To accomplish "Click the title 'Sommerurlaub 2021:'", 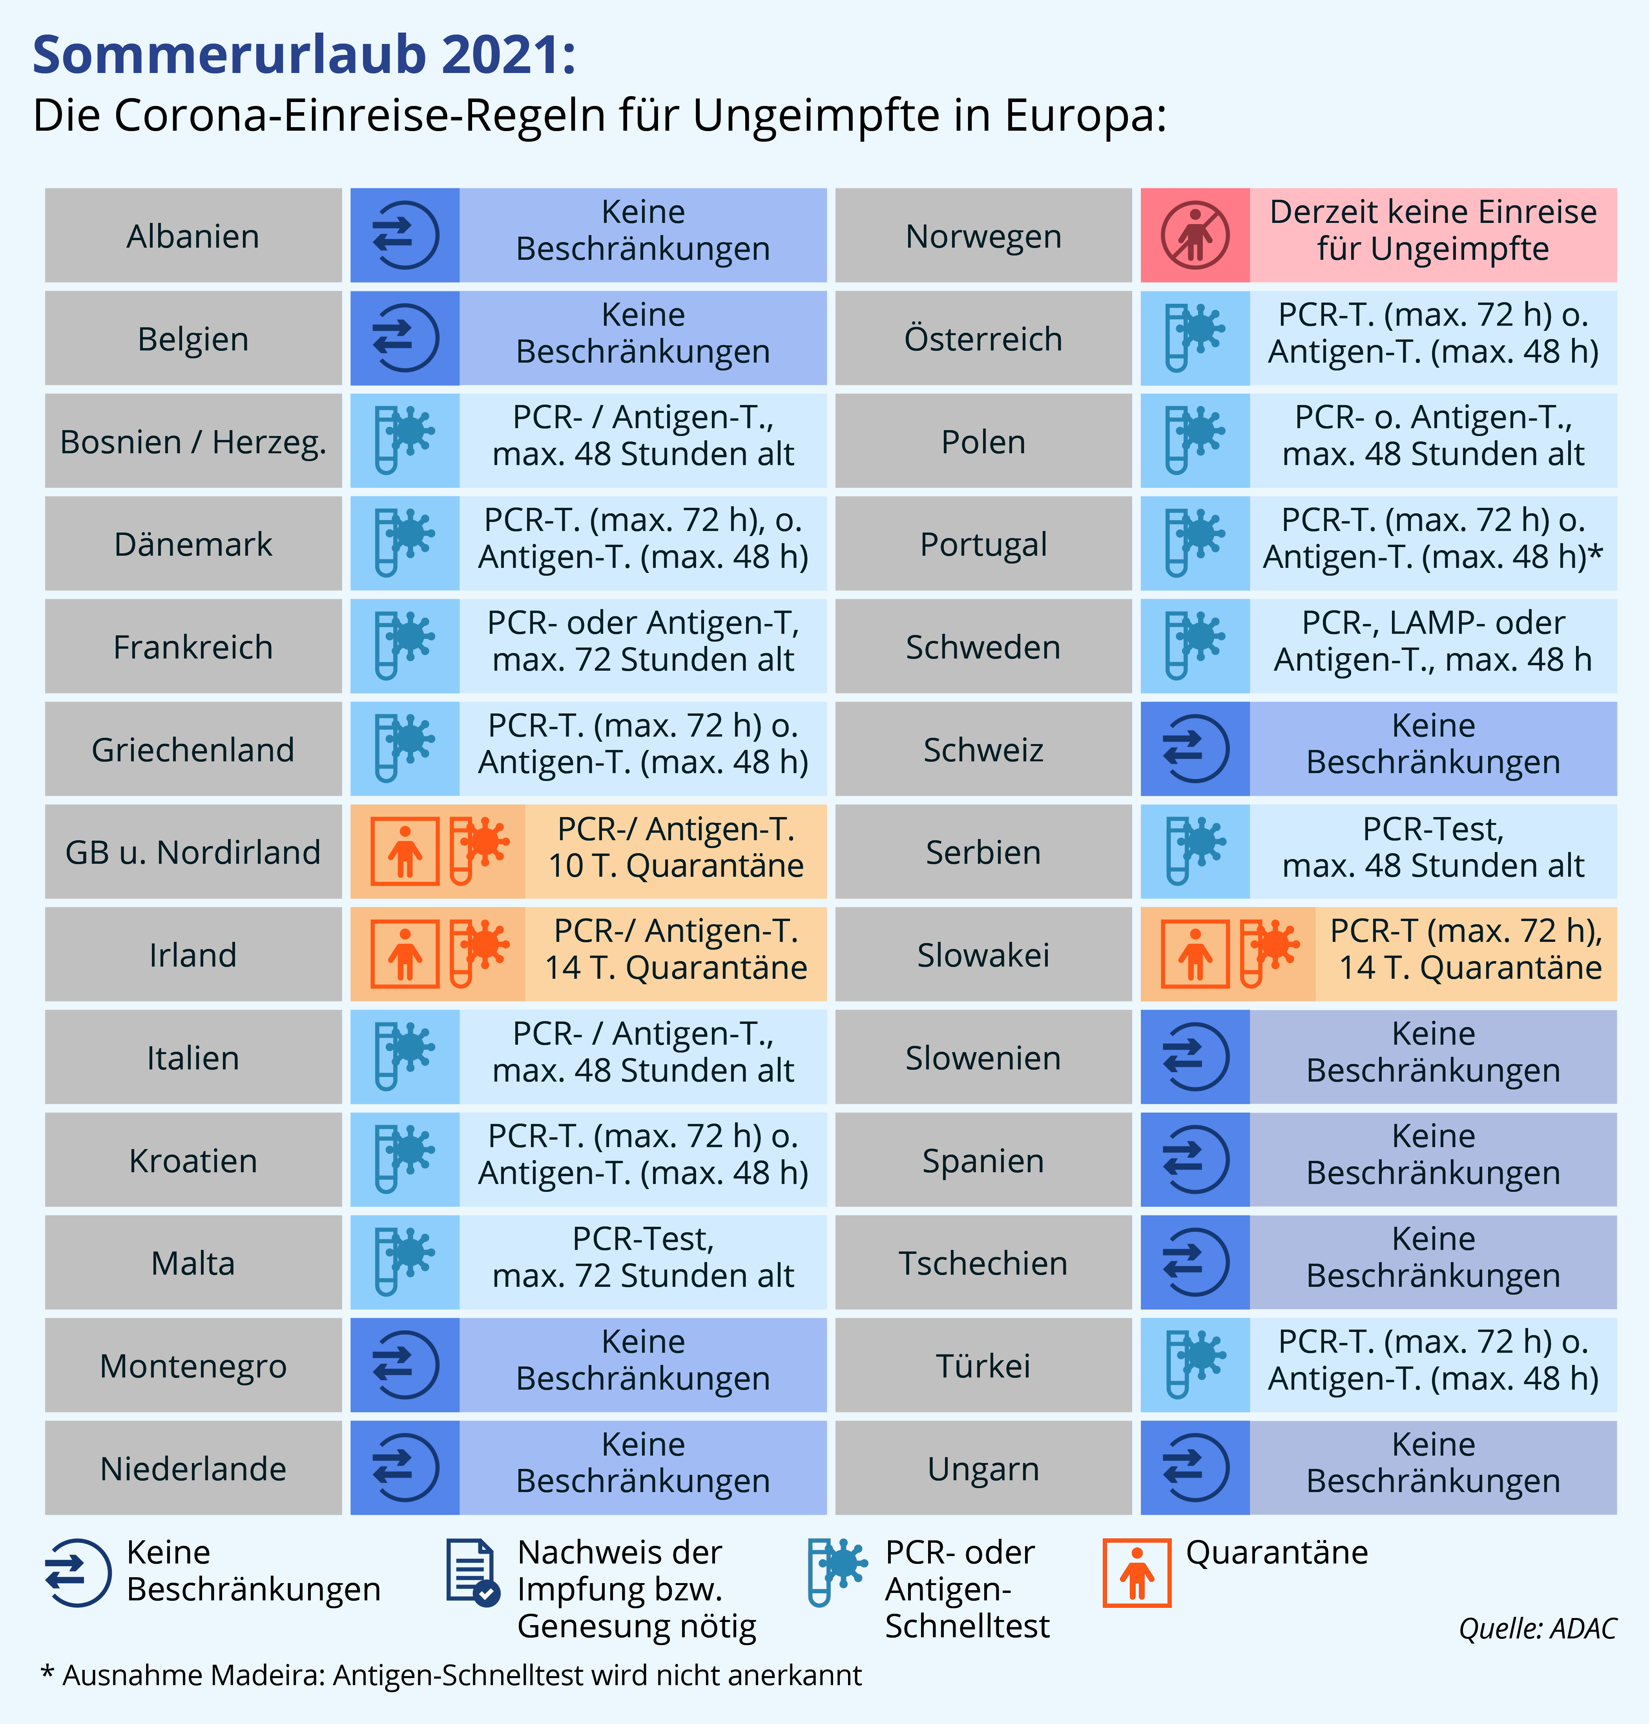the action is (x=304, y=55).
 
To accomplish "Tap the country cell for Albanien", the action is (x=193, y=235).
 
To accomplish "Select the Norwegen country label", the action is (x=983, y=235).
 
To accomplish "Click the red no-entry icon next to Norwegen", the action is (x=1195, y=235).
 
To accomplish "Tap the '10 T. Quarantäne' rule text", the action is (x=676, y=866).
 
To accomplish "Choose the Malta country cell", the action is (x=193, y=1262).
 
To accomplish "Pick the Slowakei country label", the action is (x=983, y=955).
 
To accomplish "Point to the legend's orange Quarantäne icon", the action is (x=1136, y=1573).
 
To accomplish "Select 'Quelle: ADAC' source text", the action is (x=1538, y=1628).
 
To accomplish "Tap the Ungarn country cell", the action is (x=983, y=1468).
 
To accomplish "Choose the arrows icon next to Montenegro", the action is (x=404, y=1365).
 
